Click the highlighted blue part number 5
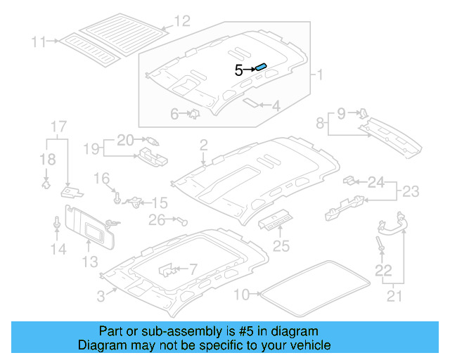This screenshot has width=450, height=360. click(260, 67)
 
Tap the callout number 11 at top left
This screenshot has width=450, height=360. click(38, 41)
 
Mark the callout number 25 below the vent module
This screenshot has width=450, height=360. click(281, 245)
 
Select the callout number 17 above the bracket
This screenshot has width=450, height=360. click(58, 127)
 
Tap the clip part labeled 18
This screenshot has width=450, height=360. click(46, 184)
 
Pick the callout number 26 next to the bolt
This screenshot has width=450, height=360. click(156, 220)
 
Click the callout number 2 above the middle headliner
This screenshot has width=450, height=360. click(203, 146)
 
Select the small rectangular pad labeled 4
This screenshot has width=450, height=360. click(251, 101)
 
